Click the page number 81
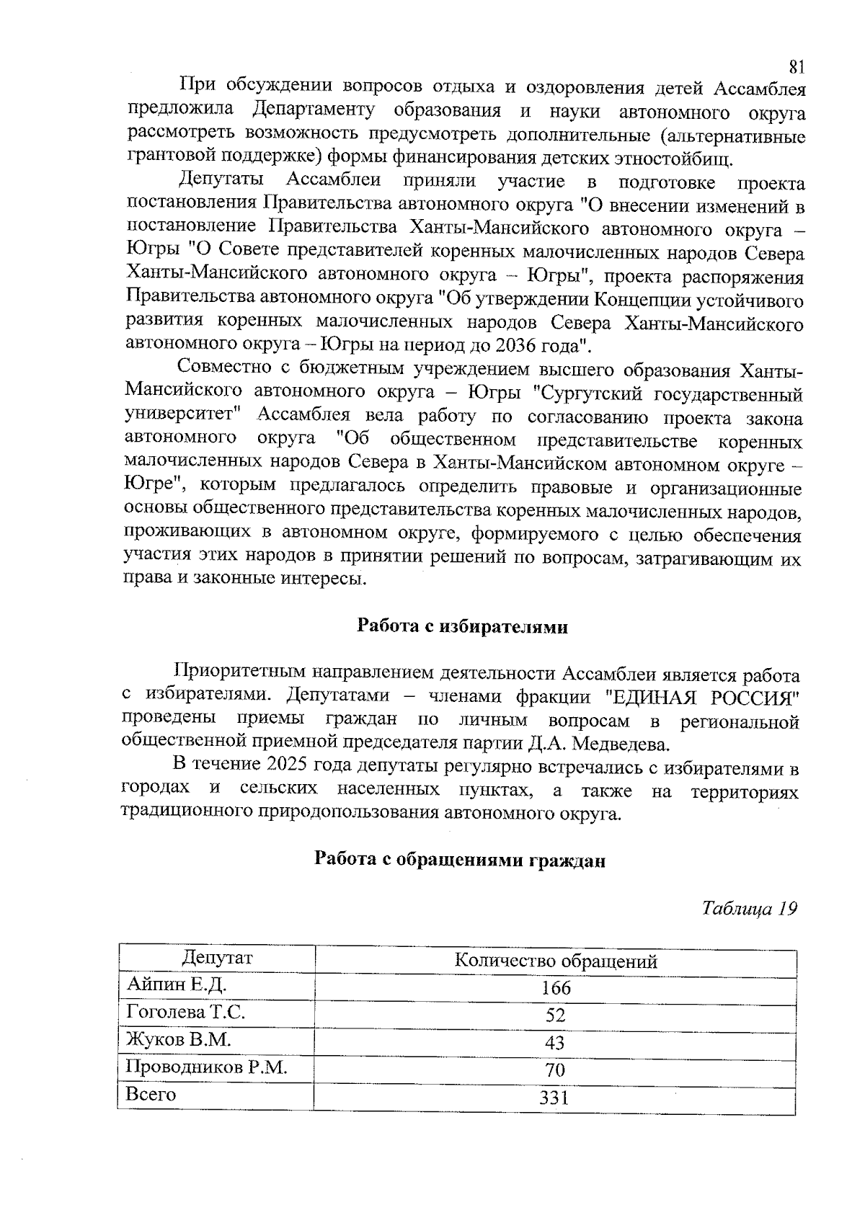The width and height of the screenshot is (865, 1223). [796, 67]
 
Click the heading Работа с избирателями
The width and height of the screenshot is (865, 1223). [463, 626]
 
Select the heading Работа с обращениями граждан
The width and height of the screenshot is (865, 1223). [459, 860]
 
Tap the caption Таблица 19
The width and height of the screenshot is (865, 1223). [750, 908]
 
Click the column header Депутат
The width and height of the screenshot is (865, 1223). [217, 958]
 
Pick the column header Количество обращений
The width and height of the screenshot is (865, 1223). [555, 961]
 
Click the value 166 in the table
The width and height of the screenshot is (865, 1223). [555, 988]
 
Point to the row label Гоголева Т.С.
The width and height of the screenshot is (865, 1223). [185, 1012]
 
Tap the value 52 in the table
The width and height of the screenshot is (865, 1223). [555, 1015]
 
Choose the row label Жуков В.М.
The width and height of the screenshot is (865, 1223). [177, 1039]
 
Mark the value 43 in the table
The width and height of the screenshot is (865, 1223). [555, 1043]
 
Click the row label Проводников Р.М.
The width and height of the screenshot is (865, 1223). [206, 1067]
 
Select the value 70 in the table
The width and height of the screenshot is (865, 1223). [555, 1070]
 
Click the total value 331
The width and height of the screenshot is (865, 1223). [555, 1098]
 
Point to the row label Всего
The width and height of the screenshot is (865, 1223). [151, 1094]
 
